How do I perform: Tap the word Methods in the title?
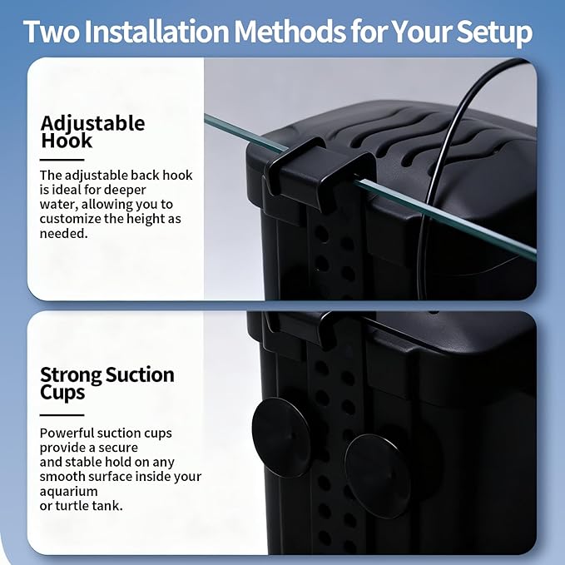pyautogui.click(x=290, y=32)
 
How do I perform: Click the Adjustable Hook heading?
pyautogui.click(x=92, y=131)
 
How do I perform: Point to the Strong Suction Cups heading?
pyautogui.click(x=107, y=384)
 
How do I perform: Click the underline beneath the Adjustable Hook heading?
pyautogui.click(x=62, y=160)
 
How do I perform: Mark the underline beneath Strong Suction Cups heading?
pyautogui.click(x=62, y=414)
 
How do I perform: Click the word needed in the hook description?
pyautogui.click(x=63, y=234)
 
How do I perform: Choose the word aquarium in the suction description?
pyautogui.click(x=68, y=492)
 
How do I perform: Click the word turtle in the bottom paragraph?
pyautogui.click(x=72, y=506)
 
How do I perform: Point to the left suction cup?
pyautogui.click(x=280, y=437)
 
